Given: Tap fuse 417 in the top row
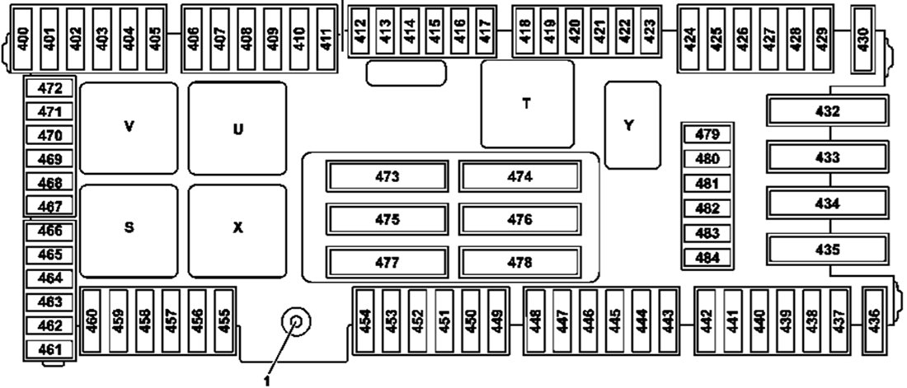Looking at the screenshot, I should click(x=485, y=32).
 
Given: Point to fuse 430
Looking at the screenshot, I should click(x=862, y=33).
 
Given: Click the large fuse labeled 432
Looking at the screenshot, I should click(x=829, y=111).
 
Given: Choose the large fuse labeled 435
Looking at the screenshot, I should click(x=829, y=250).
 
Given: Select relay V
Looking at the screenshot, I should click(x=129, y=128).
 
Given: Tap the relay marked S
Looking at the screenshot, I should click(x=129, y=228).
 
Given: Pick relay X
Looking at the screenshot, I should click(x=237, y=228).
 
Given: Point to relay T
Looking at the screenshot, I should click(x=527, y=104).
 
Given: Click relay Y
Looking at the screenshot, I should click(x=632, y=125).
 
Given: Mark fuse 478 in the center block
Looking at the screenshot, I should click(x=519, y=263).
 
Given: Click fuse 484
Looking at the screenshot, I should click(x=707, y=259).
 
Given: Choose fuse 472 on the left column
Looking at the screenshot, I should click(x=49, y=88).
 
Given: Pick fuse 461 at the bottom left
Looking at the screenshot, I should click(x=49, y=350).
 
